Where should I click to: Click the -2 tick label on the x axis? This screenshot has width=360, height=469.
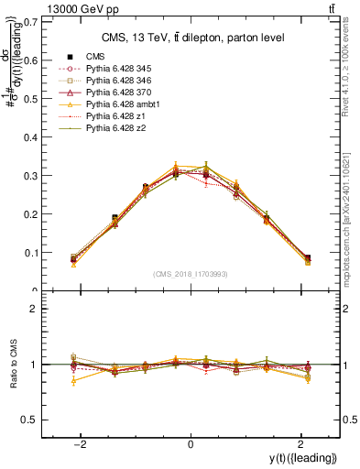coord(82,444)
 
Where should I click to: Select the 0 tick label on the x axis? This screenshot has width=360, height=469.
coord(191,444)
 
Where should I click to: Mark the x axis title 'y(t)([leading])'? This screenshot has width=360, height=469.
coord(303,459)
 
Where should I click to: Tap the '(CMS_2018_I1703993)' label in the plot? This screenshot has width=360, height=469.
coord(191,274)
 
